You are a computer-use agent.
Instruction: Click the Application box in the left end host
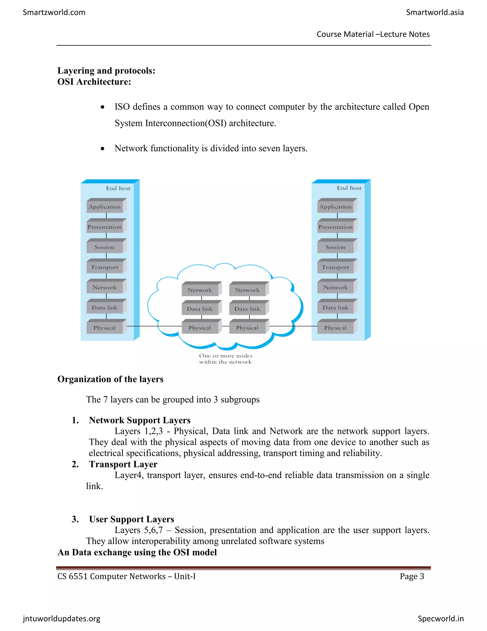coord(104,207)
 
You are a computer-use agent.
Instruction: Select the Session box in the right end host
coord(335,247)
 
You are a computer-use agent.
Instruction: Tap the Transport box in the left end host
coord(104,267)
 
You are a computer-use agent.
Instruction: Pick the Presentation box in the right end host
coord(335,227)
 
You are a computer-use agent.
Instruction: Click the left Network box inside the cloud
coord(200,290)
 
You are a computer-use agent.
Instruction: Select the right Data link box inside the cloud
coord(247,309)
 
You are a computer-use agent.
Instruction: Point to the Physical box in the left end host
coord(104,328)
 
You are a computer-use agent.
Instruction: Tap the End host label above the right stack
coord(349,188)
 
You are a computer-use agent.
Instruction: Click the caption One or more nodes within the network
coord(225,359)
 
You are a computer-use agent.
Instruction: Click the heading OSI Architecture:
coord(94,82)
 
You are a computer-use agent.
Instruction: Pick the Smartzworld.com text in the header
coord(54,12)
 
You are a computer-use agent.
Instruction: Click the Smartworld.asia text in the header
coord(435,12)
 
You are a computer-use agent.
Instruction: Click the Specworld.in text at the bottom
coord(441,618)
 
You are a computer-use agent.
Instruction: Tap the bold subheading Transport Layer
coord(123,464)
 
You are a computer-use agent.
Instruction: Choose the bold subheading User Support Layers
coord(131,519)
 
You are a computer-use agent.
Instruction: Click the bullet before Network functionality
coord(102,149)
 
